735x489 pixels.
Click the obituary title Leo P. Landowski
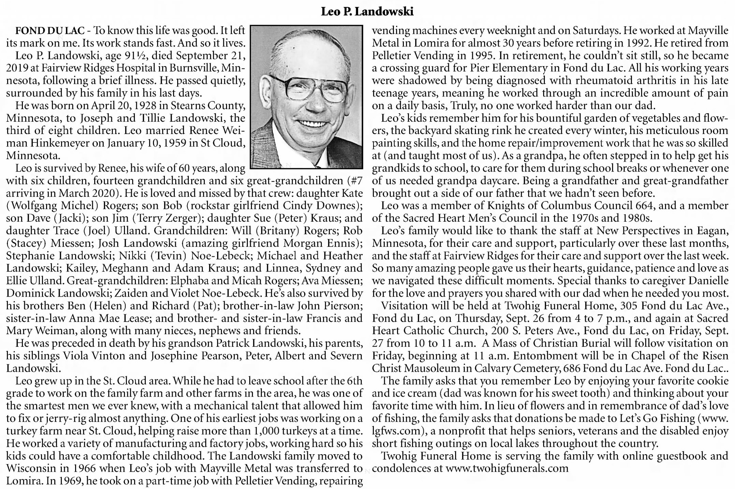(367, 12)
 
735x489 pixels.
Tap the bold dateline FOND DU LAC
(50, 31)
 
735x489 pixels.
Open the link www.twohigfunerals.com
(507, 468)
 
